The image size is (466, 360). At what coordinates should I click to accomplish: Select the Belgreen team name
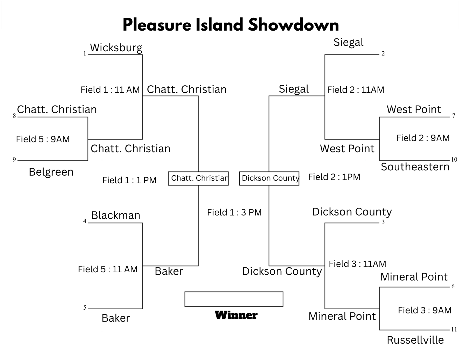(51, 172)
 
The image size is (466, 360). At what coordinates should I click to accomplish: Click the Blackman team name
(116, 215)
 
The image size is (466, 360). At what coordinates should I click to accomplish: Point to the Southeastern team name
(415, 167)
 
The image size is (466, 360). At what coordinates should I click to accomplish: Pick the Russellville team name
(415, 340)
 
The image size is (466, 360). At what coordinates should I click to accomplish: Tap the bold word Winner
(236, 315)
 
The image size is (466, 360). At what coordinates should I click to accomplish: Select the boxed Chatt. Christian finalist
(198, 178)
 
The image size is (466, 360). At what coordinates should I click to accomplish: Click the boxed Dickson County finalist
(269, 178)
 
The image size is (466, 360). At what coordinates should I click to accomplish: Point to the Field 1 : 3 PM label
(234, 213)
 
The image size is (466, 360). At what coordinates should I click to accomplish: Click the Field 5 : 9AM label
(43, 139)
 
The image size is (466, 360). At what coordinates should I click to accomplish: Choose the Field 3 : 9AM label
(425, 310)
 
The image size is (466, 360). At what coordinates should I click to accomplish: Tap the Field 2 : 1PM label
(334, 177)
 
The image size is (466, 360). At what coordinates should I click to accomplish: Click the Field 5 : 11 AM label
(108, 269)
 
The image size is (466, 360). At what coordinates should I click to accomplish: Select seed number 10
(454, 160)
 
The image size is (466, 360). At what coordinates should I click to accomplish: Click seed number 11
(454, 329)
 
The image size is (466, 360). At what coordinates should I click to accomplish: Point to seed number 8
(14, 116)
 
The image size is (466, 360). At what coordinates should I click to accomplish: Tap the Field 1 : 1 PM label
(129, 180)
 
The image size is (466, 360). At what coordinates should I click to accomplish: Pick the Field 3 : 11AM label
(357, 264)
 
